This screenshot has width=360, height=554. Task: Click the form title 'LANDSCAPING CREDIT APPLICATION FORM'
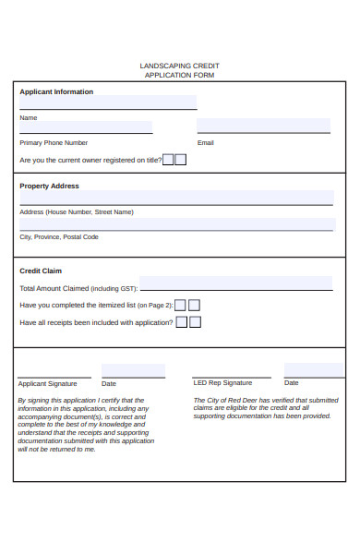pyautogui.click(x=179, y=70)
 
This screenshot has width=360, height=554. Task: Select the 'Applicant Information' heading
pyautogui.click(x=56, y=92)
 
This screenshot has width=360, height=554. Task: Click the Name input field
pyautogui.click(x=108, y=102)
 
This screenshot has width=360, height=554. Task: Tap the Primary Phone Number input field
pyautogui.click(x=86, y=127)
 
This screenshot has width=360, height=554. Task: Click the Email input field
pyautogui.click(x=263, y=126)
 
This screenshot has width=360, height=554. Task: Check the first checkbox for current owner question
pyautogui.click(x=168, y=160)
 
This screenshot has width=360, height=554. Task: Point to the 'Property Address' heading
pyautogui.click(x=49, y=186)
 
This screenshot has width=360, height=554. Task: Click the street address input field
pyautogui.click(x=176, y=198)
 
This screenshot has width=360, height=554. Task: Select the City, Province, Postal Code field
pyautogui.click(x=176, y=224)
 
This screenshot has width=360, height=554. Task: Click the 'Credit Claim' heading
pyautogui.click(x=41, y=271)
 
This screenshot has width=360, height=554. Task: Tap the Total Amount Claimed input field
pyautogui.click(x=235, y=283)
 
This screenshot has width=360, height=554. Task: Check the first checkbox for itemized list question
pyautogui.click(x=181, y=305)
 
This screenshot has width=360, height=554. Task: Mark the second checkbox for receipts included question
pyautogui.click(x=195, y=322)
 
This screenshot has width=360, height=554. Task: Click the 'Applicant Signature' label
pyautogui.click(x=47, y=383)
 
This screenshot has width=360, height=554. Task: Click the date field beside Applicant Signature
pyautogui.click(x=133, y=371)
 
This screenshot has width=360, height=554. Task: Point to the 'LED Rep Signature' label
pyautogui.click(x=222, y=382)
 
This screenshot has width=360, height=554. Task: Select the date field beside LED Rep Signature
pyautogui.click(x=314, y=370)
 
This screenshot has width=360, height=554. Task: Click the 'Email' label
pyautogui.click(x=205, y=143)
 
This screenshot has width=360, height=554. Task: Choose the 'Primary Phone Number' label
pyautogui.click(x=54, y=143)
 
